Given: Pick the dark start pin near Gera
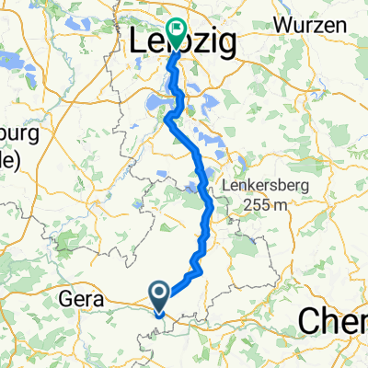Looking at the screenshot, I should (x=159, y=296).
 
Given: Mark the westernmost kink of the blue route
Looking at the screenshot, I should (x=167, y=119).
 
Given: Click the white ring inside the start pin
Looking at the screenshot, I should (x=159, y=293).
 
